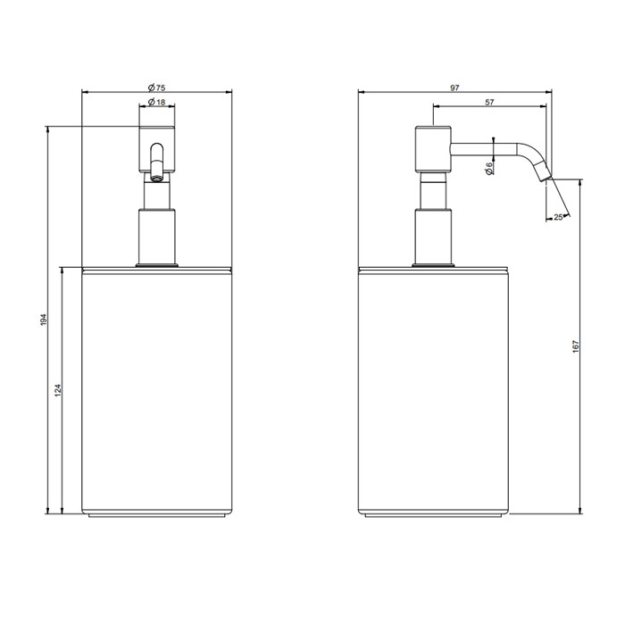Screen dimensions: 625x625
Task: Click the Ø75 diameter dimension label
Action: pyautogui.click(x=157, y=87)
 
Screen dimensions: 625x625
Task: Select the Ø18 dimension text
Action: pyautogui.click(x=157, y=104)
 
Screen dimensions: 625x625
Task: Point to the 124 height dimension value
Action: pyautogui.click(x=58, y=390)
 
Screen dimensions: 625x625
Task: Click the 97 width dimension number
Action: pyautogui.click(x=455, y=87)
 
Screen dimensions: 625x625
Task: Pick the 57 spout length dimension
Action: pyautogui.click(x=489, y=104)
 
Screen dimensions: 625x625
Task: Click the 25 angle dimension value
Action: pyautogui.click(x=558, y=216)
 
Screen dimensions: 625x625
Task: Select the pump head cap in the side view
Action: pyautogui.click(x=433, y=147)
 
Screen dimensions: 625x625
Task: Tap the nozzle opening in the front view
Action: pyautogui.click(x=157, y=176)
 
